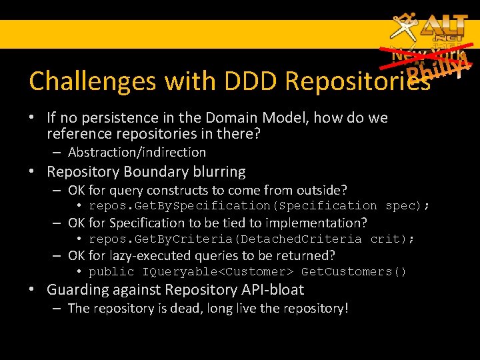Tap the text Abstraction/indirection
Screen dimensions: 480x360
pos(137,152)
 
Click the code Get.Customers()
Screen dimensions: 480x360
pos(354,272)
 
